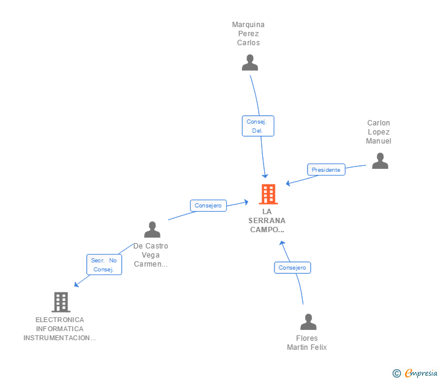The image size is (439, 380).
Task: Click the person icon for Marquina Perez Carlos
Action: (x=250, y=63)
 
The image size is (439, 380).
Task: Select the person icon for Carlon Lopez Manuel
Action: (x=380, y=161)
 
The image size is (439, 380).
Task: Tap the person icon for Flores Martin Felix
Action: (x=308, y=322)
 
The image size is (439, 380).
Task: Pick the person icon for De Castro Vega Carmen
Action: (x=152, y=230)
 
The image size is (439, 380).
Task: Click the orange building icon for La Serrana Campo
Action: (x=268, y=194)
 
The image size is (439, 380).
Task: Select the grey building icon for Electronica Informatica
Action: (x=60, y=302)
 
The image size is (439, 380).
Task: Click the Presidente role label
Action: (x=326, y=169)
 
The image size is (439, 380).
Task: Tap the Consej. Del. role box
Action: (x=258, y=126)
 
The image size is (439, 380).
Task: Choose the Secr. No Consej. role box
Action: (x=104, y=265)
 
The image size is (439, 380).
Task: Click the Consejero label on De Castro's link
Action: (x=209, y=206)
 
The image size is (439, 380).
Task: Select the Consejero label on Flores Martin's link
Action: (x=292, y=267)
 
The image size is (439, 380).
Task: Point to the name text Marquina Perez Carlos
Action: (x=248, y=34)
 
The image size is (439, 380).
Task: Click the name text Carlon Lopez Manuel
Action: (x=379, y=132)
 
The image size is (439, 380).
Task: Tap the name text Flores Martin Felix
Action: (x=307, y=343)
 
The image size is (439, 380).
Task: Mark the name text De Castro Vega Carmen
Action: (x=151, y=255)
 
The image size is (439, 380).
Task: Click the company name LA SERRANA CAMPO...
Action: (x=267, y=221)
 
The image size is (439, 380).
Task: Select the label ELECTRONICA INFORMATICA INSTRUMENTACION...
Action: (x=60, y=329)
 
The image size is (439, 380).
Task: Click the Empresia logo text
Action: (x=421, y=373)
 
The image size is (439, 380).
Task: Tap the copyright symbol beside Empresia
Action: (x=397, y=373)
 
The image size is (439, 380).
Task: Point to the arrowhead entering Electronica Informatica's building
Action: (x=75, y=285)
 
